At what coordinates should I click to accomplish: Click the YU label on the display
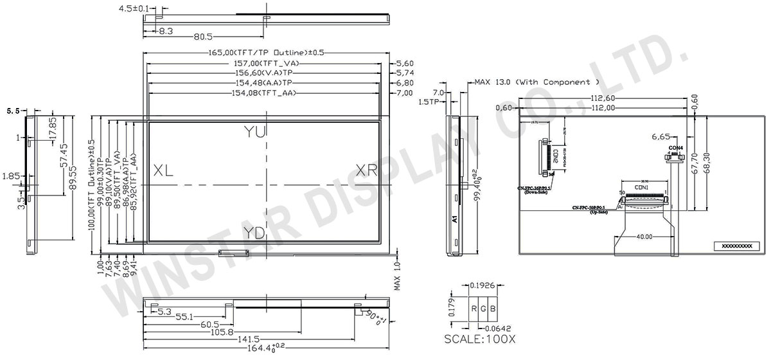pos(255,132)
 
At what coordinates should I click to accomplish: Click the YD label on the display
pos(255,233)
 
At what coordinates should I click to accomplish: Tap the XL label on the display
pos(163,170)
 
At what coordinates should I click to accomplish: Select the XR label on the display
pos(367,170)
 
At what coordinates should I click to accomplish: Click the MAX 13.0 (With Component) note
pos(536,82)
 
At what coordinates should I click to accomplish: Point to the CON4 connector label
pos(675,148)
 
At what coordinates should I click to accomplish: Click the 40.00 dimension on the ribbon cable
pos(645,237)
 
